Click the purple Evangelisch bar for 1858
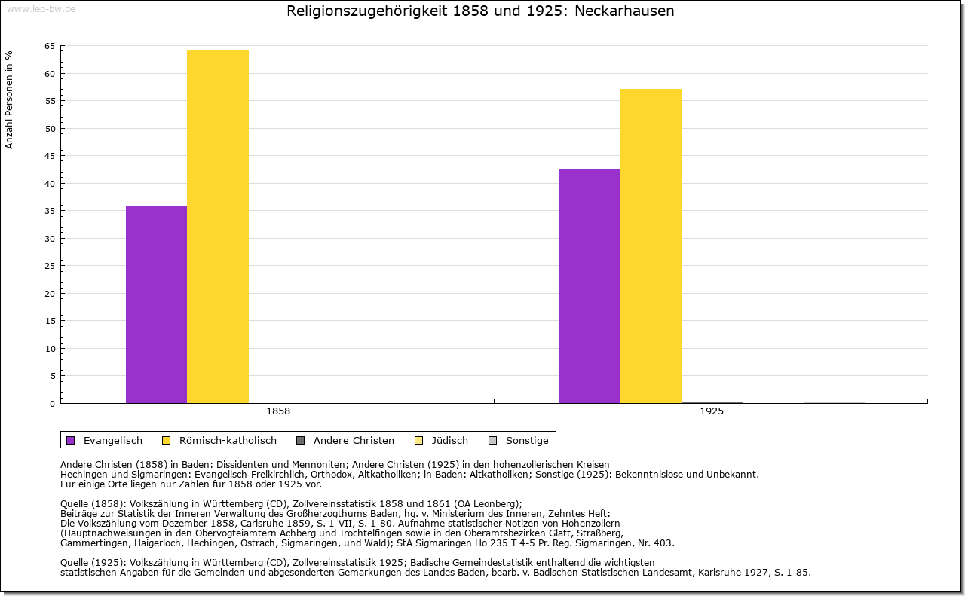156,304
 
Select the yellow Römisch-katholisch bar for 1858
218,227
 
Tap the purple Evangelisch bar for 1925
590,286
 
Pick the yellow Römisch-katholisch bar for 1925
651,246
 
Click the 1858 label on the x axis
278,412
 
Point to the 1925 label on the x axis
712,412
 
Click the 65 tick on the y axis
50,46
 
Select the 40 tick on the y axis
50,184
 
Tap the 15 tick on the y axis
50,321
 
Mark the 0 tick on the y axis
52,404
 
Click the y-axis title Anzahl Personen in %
9,99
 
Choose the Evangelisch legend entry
112,441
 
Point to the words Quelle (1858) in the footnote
93,504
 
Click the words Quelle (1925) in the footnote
93,562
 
